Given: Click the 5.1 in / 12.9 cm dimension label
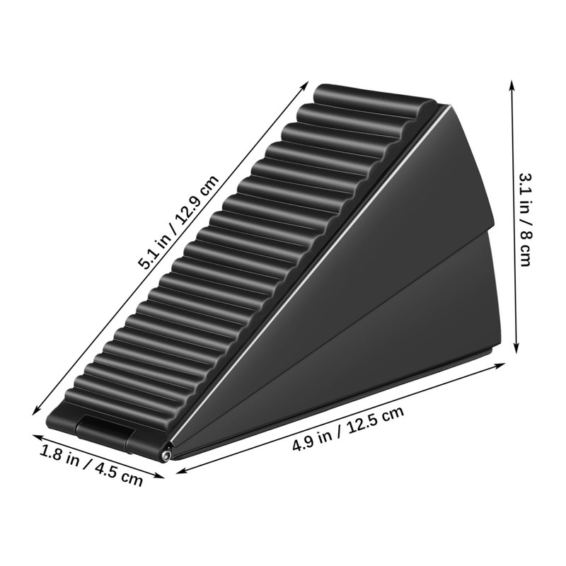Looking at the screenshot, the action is (178, 222).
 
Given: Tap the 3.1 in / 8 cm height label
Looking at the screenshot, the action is (525, 219).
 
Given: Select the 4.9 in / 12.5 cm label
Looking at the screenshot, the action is (348, 429).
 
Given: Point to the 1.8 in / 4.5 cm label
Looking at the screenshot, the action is (91, 466).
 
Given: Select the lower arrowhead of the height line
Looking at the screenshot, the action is (516, 347).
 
